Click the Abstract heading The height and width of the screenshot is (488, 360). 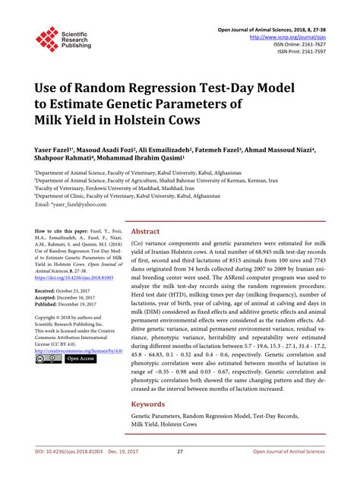146,232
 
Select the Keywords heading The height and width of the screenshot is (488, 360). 150,404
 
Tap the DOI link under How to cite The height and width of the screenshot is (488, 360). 71,278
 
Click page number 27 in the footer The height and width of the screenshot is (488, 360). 179,471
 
